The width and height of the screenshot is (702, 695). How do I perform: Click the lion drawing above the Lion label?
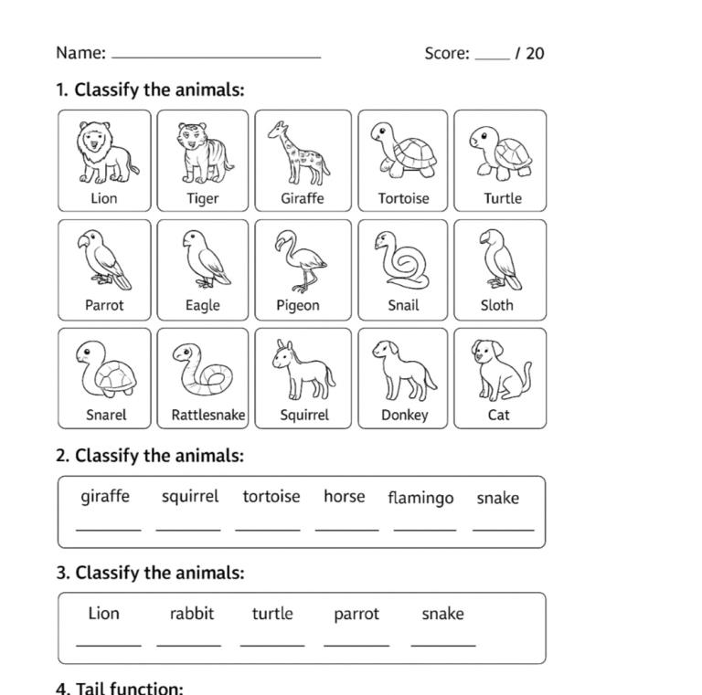click(105, 153)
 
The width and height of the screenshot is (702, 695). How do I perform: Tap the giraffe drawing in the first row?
click(301, 153)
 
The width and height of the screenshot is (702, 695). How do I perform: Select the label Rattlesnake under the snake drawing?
click(208, 415)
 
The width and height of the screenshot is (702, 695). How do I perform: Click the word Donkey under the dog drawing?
click(404, 415)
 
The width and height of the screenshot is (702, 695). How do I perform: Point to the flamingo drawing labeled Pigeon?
click(301, 261)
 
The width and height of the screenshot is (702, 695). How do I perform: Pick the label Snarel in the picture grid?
click(106, 415)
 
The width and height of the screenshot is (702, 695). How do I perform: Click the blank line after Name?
click(216, 56)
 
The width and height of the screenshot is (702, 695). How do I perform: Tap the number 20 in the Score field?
click(535, 54)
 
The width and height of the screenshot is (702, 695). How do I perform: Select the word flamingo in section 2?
click(420, 498)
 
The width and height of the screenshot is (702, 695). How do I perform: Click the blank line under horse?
click(346, 529)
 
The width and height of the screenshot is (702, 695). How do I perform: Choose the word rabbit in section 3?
click(192, 614)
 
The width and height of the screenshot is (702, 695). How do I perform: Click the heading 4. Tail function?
click(120, 688)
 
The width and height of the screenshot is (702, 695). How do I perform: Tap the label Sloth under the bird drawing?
click(497, 305)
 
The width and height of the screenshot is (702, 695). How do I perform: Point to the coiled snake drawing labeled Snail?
click(403, 261)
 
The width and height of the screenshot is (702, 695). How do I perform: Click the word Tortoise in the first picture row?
click(403, 198)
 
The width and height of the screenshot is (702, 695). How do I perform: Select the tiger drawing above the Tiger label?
click(202, 153)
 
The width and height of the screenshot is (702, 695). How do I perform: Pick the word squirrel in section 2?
click(190, 497)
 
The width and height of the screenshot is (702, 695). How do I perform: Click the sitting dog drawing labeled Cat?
click(499, 370)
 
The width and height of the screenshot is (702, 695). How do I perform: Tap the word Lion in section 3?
click(104, 614)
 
